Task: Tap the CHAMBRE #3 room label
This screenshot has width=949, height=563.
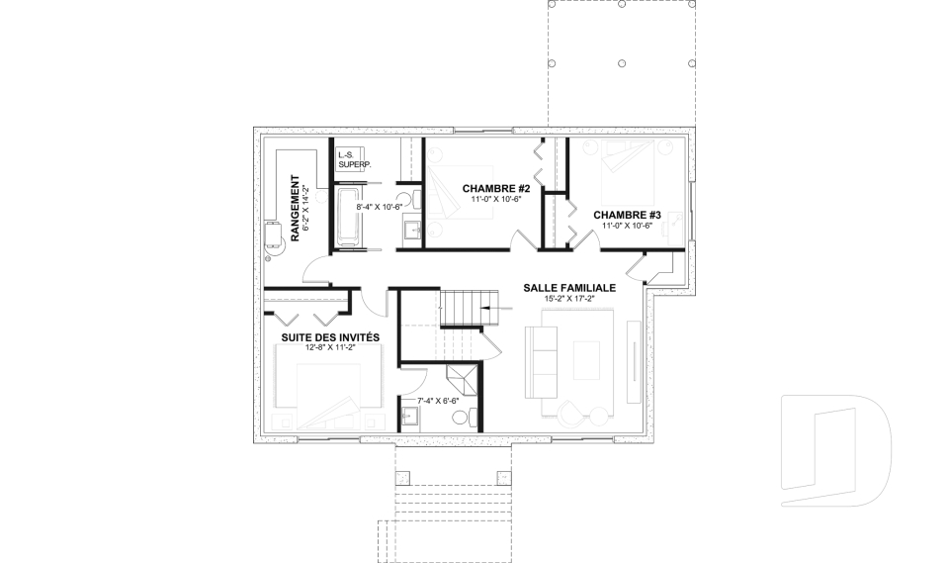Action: (x=627, y=215)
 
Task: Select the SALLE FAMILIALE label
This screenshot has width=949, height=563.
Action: (x=569, y=288)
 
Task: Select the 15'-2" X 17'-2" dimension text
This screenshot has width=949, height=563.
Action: (x=569, y=298)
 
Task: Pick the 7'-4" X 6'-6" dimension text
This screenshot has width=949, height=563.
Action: (x=438, y=401)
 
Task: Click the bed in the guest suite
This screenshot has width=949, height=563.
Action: (x=328, y=391)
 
